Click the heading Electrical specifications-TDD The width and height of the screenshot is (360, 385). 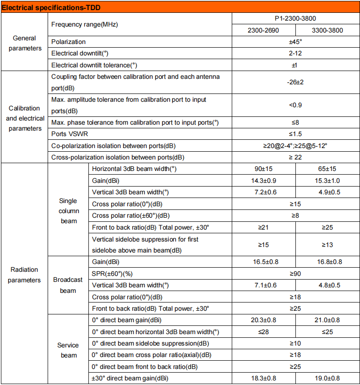51,7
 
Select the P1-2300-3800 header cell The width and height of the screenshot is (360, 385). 295,19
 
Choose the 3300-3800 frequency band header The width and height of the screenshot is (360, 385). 327,31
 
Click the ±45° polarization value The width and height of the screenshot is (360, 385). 295,42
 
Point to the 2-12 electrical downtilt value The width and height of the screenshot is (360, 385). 295,53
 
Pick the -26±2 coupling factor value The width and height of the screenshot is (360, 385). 295,82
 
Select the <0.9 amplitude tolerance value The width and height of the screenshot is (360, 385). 295,105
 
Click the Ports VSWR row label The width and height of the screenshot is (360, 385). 70,134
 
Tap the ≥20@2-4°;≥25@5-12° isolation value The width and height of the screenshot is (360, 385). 295,146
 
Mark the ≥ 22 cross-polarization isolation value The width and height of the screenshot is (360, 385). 295,157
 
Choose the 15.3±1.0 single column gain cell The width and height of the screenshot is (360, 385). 327,181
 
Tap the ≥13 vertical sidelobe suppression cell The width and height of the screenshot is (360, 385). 327,245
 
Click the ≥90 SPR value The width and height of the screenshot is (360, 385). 295,274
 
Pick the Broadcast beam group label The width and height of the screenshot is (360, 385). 68,285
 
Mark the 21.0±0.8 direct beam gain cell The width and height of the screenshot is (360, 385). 327,320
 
